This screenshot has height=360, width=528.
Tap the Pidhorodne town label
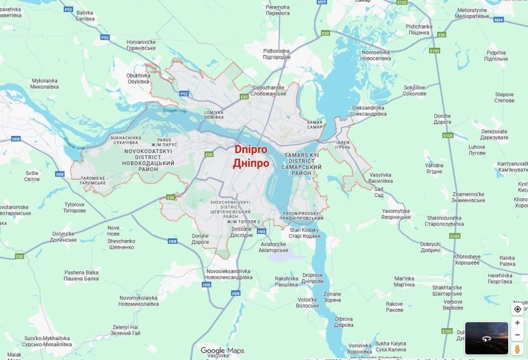(x=277, y=54)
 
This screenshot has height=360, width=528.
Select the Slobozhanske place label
(x=268, y=90)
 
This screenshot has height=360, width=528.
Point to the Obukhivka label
(x=138, y=78)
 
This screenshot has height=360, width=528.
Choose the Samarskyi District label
(x=301, y=164)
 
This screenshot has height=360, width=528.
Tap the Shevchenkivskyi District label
(x=230, y=209)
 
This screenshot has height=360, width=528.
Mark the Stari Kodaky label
(x=304, y=233)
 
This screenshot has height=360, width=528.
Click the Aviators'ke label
(x=274, y=247)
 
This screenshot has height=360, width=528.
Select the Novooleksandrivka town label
(x=228, y=274)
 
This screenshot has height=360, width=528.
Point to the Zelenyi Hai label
(x=125, y=330)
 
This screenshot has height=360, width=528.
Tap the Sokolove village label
(x=415, y=90)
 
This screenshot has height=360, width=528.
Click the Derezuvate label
(x=494, y=134)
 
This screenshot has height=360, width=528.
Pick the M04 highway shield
(x=498, y=19)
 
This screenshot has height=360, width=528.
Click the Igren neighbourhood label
(x=343, y=145)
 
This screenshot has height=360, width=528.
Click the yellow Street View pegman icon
(x=517, y=348)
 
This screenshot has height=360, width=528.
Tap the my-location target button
(x=517, y=309)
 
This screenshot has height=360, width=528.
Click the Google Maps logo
(x=222, y=351)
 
